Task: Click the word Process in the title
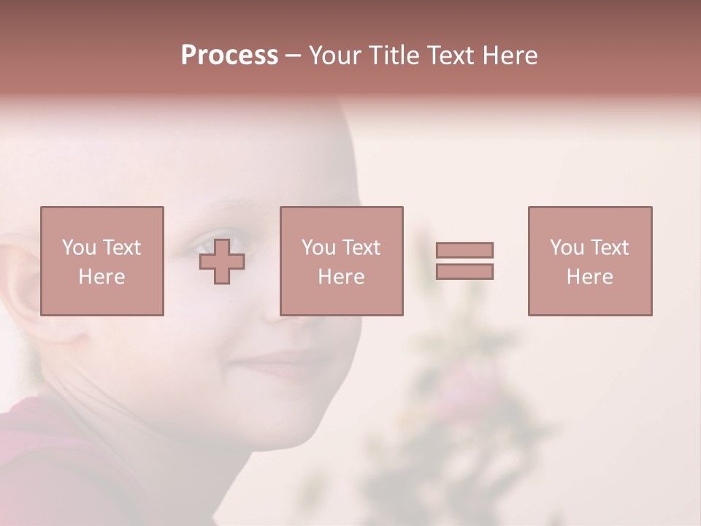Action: coord(229,56)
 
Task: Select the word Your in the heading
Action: coord(336,56)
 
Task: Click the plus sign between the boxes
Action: coord(222,262)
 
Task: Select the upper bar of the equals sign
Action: coord(464,250)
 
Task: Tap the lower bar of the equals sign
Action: coord(464,271)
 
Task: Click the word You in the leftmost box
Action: coord(80,248)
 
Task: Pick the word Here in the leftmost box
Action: coord(101,277)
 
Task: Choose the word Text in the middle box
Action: coord(361,248)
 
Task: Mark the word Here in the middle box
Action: coord(341,277)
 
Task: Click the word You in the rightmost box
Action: coord(567,248)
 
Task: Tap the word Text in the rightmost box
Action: coord(609,248)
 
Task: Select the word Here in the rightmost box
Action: coord(589,277)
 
